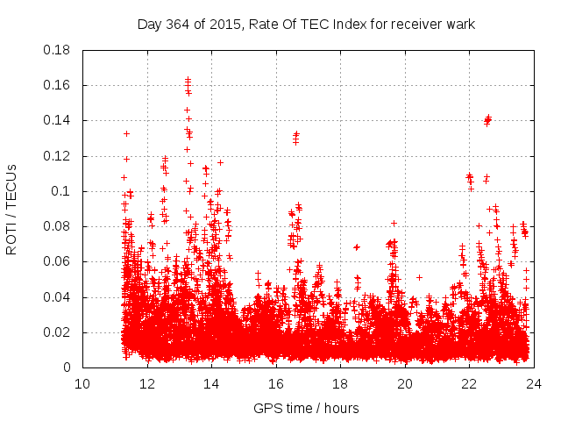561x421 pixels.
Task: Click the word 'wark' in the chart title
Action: pos(459,25)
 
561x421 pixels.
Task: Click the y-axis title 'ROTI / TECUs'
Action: pos(11,209)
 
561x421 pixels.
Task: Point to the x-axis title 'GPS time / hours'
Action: pos(306,408)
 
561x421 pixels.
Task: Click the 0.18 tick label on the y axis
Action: pos(60,50)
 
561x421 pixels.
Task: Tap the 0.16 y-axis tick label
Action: pos(60,85)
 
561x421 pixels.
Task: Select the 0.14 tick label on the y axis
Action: pos(60,120)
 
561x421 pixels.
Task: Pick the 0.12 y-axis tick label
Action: pos(60,156)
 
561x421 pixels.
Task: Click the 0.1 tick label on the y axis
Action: pos(64,191)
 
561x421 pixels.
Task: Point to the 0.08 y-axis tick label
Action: pos(60,226)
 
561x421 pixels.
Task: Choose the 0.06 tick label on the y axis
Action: pos(60,261)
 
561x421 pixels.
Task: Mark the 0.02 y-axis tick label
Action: pos(60,332)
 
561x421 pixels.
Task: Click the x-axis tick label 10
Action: pos(82,383)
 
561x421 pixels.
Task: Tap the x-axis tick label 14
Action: pos(211,383)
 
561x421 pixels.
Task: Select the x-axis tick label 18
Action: pos(340,383)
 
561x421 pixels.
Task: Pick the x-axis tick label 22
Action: pos(469,383)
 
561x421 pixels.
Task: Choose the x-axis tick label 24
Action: pos(533,383)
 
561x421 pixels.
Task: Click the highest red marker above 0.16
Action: pos(188,79)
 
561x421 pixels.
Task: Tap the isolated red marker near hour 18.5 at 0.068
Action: pos(357,247)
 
